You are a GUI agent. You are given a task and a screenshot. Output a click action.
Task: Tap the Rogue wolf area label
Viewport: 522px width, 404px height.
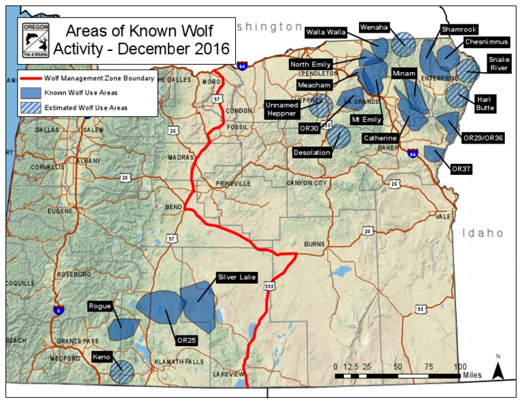pos(101,306)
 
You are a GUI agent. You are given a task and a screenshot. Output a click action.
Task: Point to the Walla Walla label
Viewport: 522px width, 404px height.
pos(326,31)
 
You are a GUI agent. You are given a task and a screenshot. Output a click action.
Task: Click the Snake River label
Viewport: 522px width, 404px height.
pos(500,63)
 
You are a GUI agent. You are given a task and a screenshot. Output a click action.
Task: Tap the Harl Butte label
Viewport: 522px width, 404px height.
pos(486,103)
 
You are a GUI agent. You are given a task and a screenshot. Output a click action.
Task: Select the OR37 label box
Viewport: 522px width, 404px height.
pos(462,168)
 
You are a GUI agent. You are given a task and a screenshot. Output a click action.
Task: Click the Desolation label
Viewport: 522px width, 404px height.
pos(312,153)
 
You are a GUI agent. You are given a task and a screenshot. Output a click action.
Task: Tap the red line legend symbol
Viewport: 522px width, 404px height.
pos(31,78)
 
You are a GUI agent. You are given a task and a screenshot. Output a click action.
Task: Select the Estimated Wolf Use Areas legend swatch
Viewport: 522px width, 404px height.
pos(31,107)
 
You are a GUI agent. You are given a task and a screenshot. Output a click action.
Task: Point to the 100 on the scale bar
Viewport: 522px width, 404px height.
pos(460,367)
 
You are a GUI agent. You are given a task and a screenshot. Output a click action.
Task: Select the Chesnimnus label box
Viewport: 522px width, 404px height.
pos(483,42)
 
